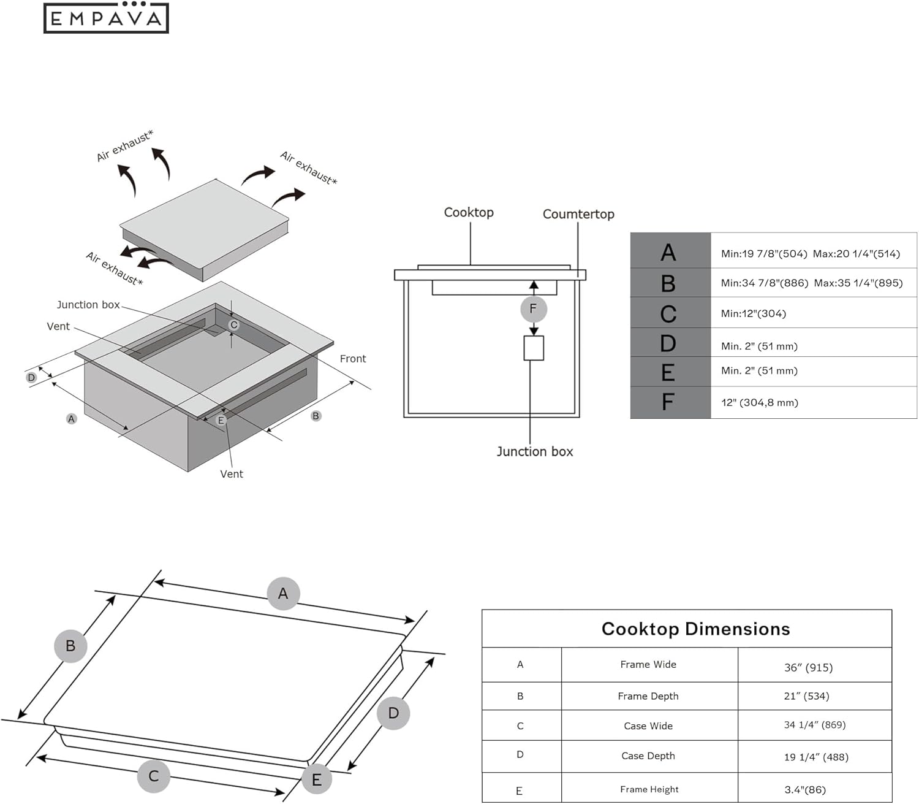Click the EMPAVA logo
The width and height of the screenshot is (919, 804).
[106, 18]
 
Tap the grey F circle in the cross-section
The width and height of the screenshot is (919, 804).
[533, 309]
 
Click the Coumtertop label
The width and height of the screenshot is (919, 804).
[578, 214]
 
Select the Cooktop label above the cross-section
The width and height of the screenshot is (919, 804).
[469, 212]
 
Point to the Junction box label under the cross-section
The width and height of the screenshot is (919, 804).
[534, 451]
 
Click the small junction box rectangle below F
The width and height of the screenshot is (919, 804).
[534, 348]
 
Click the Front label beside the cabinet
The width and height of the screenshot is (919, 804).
[352, 359]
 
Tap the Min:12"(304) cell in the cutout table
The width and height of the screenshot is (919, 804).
[753, 313]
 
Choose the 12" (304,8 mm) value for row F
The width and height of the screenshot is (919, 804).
[759, 402]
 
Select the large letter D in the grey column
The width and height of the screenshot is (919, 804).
[668, 343]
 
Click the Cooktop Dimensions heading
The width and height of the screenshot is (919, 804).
[695, 629]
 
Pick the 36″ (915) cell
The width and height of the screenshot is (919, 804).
[808, 667]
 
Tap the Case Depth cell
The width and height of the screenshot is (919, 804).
[648, 756]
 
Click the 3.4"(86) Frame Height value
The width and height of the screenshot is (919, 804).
[804, 789]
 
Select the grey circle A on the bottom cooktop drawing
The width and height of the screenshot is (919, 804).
[283, 593]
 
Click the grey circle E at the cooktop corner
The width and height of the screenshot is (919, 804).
[317, 779]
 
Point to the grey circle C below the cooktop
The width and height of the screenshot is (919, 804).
[153, 776]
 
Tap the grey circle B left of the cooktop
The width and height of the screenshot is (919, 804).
[70, 646]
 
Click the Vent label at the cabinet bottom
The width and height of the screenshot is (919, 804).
[231, 474]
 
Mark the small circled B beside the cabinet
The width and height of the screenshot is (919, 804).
[316, 416]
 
